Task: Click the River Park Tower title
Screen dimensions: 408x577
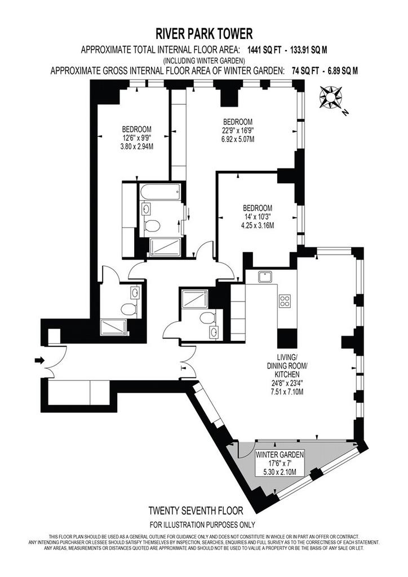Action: tap(204, 34)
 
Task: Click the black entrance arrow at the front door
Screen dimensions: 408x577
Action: tap(39, 360)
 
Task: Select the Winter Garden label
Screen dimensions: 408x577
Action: tap(280, 455)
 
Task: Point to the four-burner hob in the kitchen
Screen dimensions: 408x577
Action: tap(284, 301)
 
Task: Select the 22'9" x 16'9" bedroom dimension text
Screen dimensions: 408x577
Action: tap(238, 130)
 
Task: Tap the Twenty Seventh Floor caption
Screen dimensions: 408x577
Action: tap(196, 511)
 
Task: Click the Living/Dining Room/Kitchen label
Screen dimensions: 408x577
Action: tap(287, 366)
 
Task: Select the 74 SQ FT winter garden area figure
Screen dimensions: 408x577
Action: tap(305, 71)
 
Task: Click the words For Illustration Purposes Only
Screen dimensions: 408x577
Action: tap(202, 525)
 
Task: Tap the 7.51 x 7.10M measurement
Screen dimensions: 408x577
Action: tap(287, 392)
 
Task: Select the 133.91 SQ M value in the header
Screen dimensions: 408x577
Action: tap(309, 50)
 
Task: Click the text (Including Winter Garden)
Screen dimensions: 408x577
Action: tap(204, 60)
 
